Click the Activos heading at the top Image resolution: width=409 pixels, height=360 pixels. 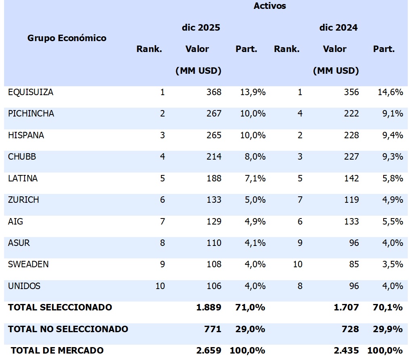[269, 6]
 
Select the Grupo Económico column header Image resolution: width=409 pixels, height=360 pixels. [67, 38]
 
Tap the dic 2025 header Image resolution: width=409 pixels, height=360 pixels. [200, 28]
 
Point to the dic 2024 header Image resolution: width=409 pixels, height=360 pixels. [338, 28]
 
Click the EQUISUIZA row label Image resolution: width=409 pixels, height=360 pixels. [31, 92]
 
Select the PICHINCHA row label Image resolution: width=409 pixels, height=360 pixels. [31, 114]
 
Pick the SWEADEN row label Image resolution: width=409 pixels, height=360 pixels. [28, 264]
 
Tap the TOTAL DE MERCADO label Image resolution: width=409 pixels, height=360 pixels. [57, 351]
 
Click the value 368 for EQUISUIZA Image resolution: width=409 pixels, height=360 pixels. [213, 92]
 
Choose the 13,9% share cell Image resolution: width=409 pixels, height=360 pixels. [252, 92]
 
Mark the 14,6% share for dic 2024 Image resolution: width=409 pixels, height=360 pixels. [390, 92]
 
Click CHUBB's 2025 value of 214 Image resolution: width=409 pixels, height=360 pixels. [213, 157]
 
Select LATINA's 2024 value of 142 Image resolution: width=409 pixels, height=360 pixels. [351, 178]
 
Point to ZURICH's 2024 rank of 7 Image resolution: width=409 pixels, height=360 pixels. [300, 200]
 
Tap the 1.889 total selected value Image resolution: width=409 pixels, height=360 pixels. [209, 308]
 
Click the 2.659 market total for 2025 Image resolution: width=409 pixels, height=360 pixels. [209, 351]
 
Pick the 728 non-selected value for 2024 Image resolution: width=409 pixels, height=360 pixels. [350, 329]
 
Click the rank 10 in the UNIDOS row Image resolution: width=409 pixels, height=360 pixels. [160, 286]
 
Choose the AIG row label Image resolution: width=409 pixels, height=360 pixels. [15, 221]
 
